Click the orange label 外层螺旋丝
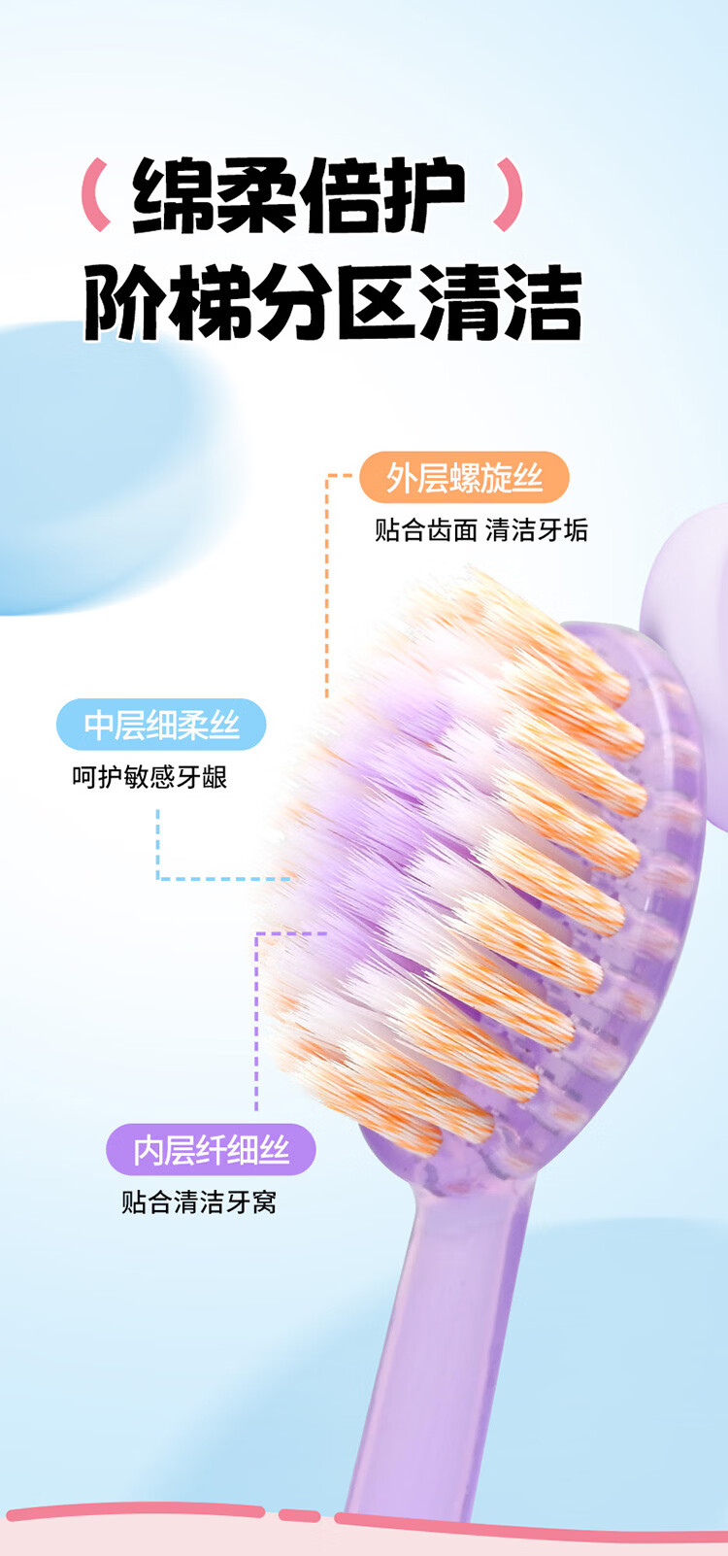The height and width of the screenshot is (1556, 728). (x=464, y=478)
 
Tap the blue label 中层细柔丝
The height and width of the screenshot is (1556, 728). (x=161, y=725)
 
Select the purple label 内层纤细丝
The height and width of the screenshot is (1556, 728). (x=211, y=1150)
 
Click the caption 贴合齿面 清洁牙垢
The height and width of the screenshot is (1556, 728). (x=481, y=530)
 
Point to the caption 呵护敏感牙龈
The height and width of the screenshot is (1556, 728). (x=149, y=777)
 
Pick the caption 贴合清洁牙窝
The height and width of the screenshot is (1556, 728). (x=199, y=1202)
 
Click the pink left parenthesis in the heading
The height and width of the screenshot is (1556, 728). (x=96, y=195)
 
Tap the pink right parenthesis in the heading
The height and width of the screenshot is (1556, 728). (x=509, y=195)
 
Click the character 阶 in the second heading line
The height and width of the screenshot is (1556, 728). (x=124, y=302)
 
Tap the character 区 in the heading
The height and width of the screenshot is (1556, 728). (x=375, y=302)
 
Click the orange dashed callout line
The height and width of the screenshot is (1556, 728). (x=327, y=583)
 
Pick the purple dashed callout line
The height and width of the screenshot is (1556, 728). (x=257, y=1020)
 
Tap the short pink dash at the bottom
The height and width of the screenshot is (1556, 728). (x=299, y=1514)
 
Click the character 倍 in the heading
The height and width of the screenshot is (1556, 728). (x=340, y=195)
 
